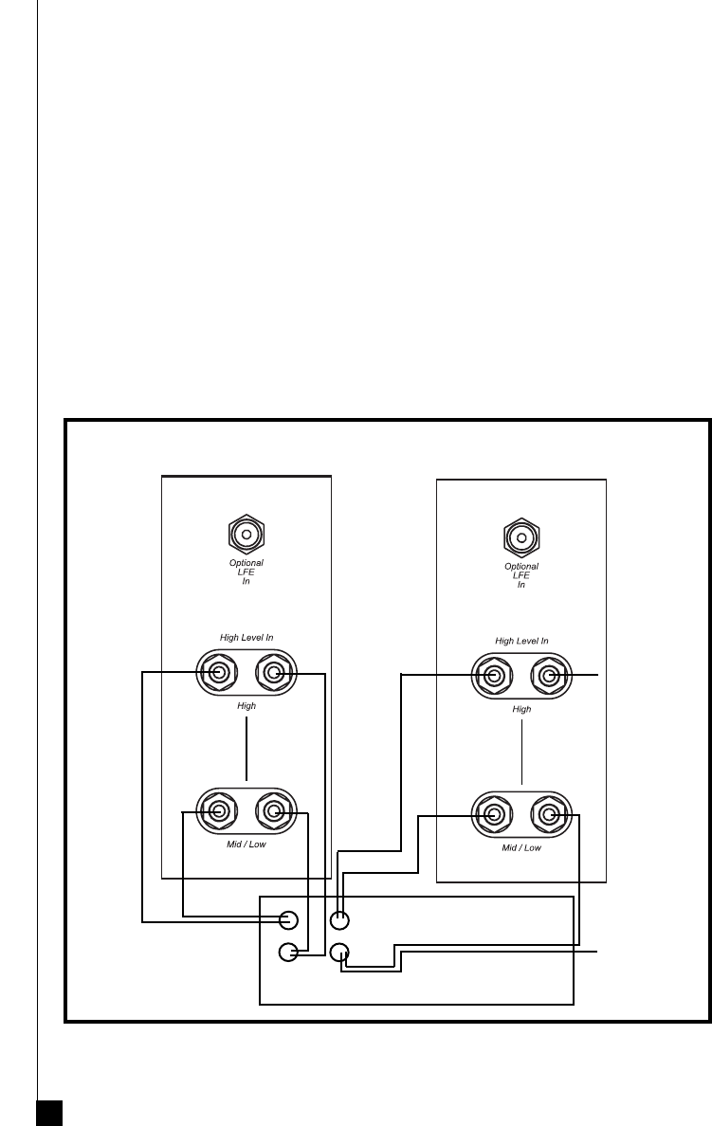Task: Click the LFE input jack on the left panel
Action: point(246,536)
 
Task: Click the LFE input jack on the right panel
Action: point(520,537)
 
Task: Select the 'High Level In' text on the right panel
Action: point(521,641)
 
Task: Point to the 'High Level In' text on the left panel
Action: point(246,638)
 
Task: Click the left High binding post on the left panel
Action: point(218,674)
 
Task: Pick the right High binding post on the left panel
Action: point(273,674)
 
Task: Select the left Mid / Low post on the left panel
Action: point(218,811)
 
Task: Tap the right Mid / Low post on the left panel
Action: point(273,811)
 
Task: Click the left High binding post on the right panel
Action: point(493,676)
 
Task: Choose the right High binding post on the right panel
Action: point(548,676)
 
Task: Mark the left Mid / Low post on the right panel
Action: point(493,814)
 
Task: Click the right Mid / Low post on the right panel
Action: point(548,814)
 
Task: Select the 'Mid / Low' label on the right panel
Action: point(521,847)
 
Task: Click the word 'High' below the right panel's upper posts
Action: point(521,709)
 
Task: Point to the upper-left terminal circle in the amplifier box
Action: point(290,919)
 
